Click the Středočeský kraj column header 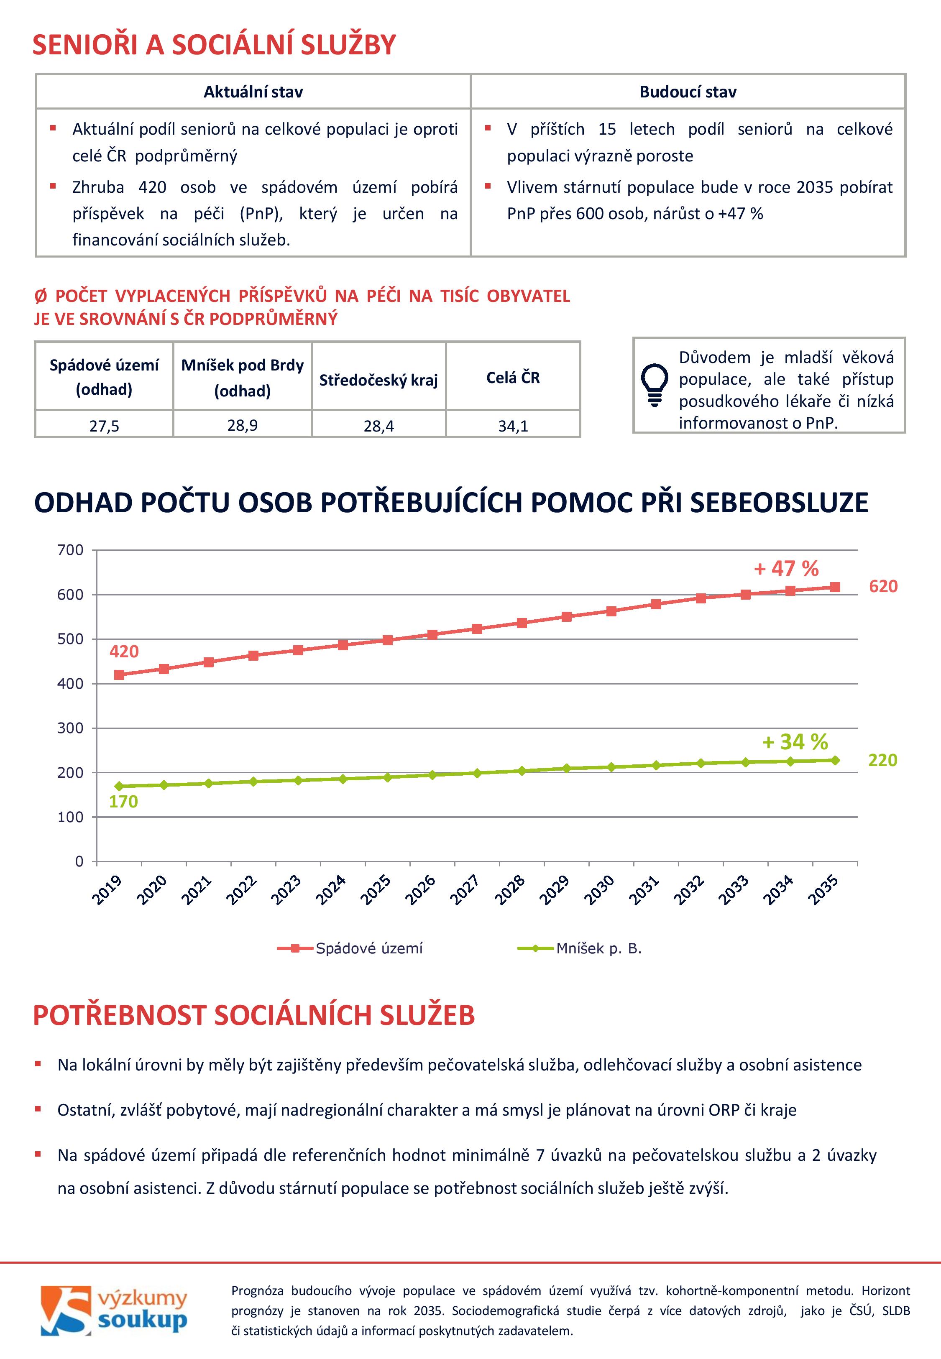[x=378, y=380]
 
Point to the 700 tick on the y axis [x=70, y=550]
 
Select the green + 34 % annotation [x=795, y=741]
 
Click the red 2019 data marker [x=119, y=675]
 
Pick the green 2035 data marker [x=835, y=760]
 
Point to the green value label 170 [x=123, y=802]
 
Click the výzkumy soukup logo [x=114, y=1312]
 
